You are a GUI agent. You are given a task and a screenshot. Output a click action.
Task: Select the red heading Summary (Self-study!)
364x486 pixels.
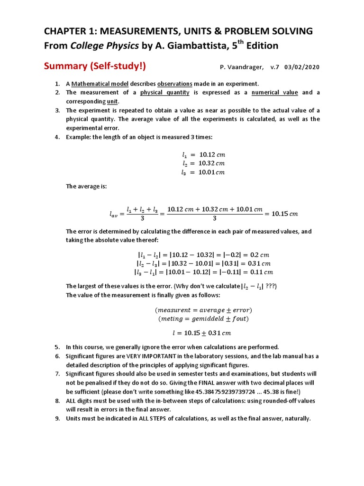click(x=95, y=65)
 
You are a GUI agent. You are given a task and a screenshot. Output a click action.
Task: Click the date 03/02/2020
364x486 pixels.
click(x=302, y=67)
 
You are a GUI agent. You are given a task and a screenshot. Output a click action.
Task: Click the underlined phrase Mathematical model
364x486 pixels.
click(x=94, y=84)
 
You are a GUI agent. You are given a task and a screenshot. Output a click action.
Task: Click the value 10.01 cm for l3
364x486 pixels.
click(x=211, y=172)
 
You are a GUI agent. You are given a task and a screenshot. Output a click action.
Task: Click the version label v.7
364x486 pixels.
click(x=275, y=67)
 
